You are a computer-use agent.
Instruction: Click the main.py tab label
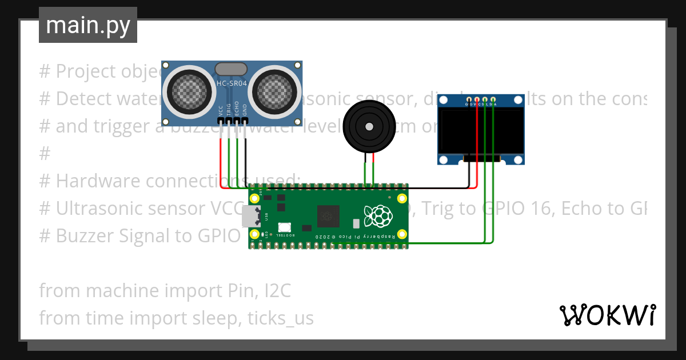tap(87, 25)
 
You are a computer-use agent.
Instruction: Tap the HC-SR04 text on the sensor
tap(232, 84)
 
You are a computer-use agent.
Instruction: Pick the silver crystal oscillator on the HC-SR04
tap(232, 69)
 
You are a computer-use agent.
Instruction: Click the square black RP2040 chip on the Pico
tap(329, 216)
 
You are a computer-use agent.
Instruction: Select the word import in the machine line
tap(189, 291)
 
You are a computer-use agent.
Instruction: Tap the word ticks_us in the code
tap(281, 318)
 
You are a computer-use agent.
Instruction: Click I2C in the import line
tap(277, 291)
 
